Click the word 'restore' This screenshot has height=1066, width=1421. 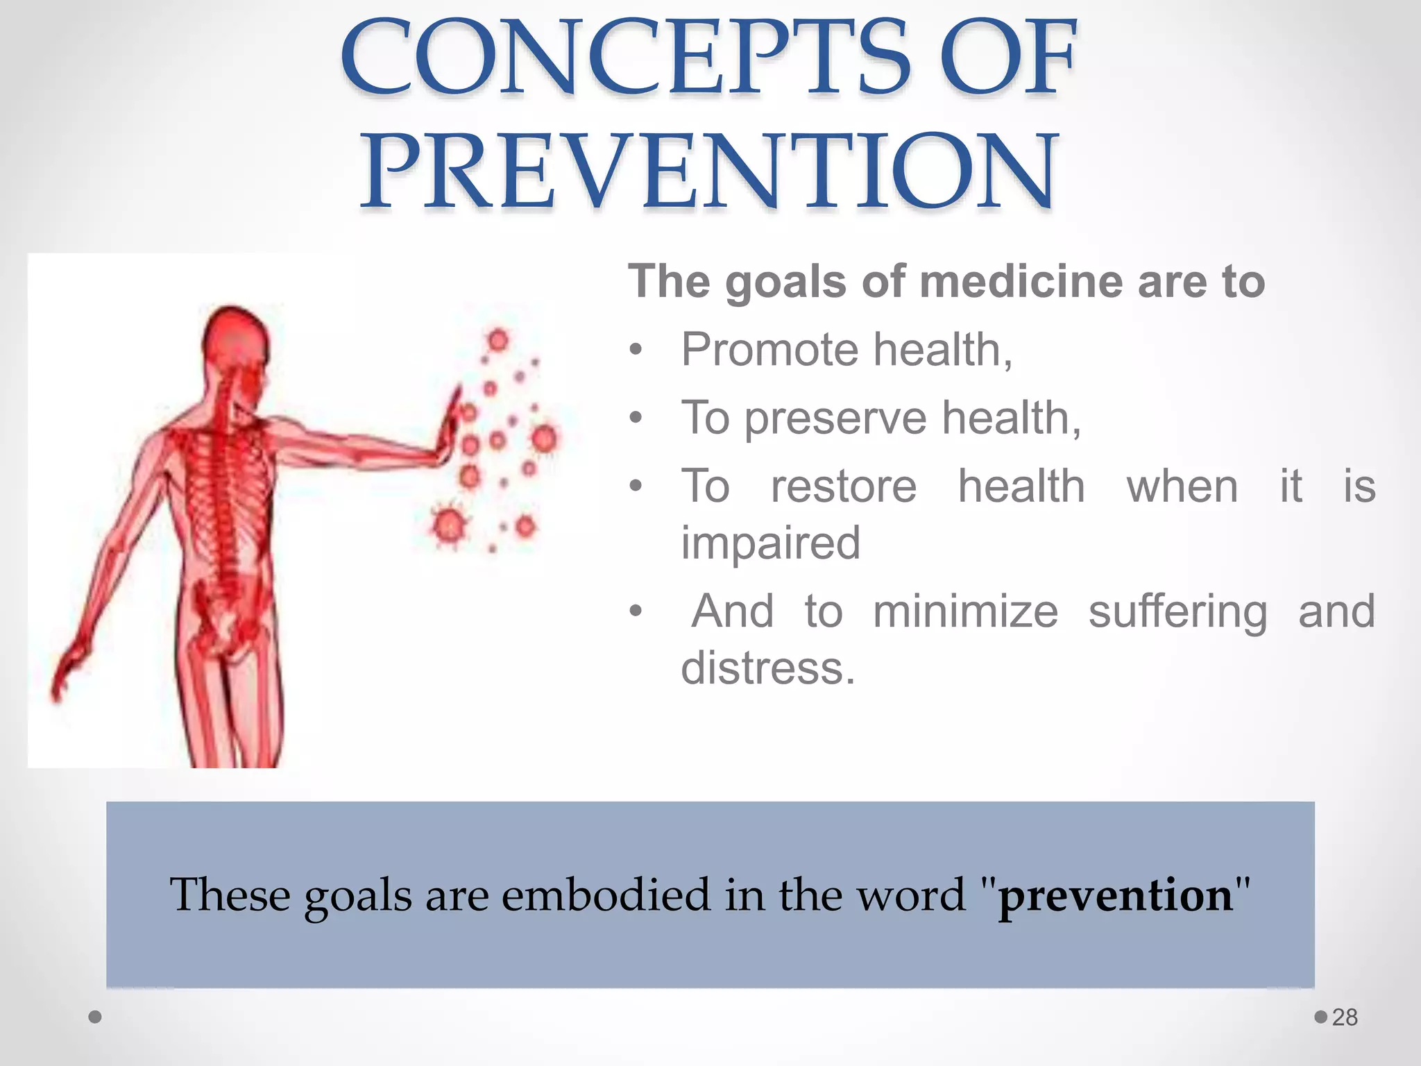tap(843, 486)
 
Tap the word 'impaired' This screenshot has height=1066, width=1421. tap(770, 543)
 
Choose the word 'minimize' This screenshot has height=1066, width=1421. tap(965, 611)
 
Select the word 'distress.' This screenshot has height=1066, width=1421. tap(768, 668)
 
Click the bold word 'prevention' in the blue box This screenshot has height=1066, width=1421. tap(1115, 895)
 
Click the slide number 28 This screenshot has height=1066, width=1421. tap(1344, 1017)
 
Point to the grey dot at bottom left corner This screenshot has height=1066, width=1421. tap(96, 1017)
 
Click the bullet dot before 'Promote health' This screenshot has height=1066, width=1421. tap(636, 350)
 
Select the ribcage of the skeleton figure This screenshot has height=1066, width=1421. tap(222, 486)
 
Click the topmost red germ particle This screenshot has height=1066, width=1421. tap(497, 340)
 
